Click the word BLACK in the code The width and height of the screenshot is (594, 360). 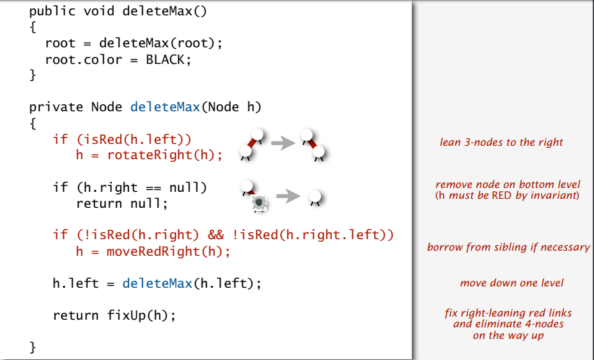pos(168,59)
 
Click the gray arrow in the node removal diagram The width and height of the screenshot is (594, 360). pos(288,196)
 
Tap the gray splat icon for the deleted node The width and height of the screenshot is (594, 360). pos(259,203)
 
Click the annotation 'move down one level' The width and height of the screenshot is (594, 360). pos(512,283)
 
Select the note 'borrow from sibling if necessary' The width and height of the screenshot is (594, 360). pos(508,247)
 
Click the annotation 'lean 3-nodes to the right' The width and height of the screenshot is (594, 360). pos(501,142)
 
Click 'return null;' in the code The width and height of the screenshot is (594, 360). pos(121,203)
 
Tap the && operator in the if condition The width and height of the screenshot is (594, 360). pos(215,235)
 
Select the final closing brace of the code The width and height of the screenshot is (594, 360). pos(33,347)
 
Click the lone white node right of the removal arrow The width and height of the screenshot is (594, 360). pos(314,196)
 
